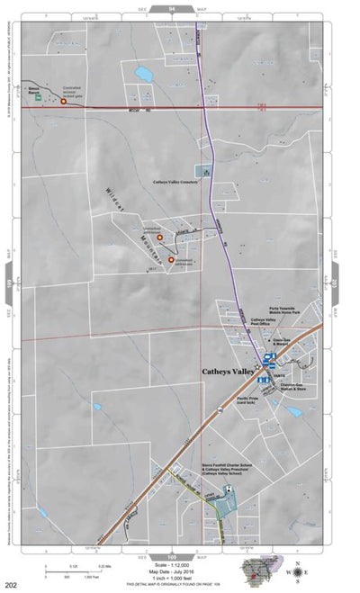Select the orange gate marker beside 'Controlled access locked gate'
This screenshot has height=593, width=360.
pyautogui.click(x=64, y=102)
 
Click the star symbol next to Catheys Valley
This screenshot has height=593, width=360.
pyautogui.click(x=258, y=367)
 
